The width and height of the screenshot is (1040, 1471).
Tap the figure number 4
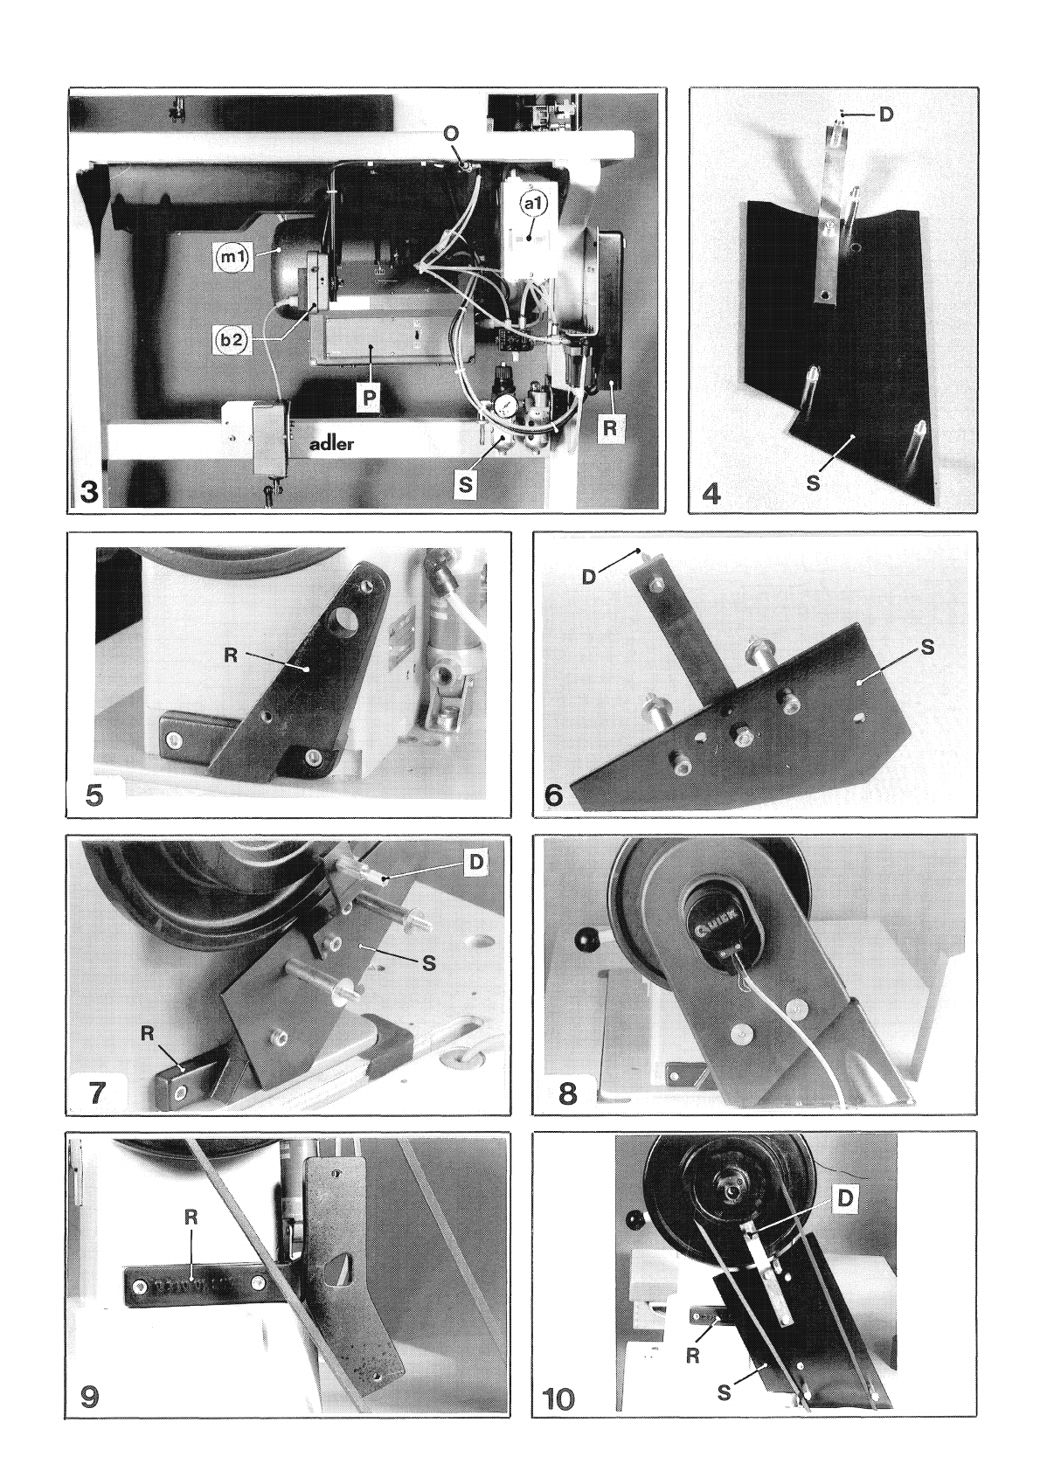click(711, 493)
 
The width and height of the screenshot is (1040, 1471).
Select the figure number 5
click(94, 795)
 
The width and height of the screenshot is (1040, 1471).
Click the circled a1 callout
click(533, 205)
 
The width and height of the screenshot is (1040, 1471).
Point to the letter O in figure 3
click(451, 134)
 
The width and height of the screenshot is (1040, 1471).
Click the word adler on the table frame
click(331, 443)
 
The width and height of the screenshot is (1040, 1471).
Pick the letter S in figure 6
click(927, 647)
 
